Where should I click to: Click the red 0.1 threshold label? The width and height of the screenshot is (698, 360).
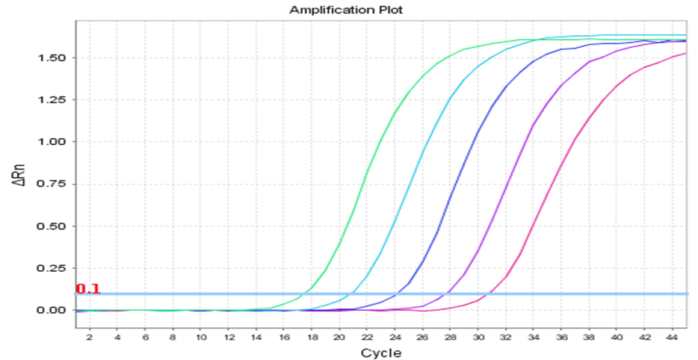(x=87, y=289)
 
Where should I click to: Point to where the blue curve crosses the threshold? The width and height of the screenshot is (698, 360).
(x=396, y=294)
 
